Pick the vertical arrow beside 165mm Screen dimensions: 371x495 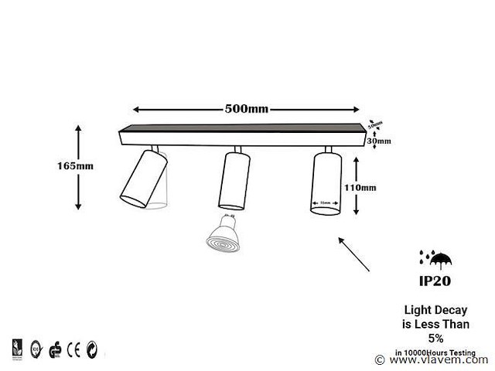coord(79,167)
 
